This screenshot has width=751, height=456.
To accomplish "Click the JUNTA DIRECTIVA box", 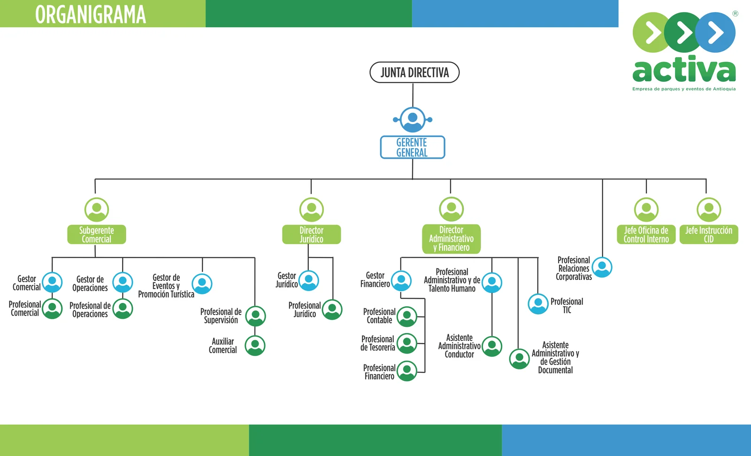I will click(x=414, y=72).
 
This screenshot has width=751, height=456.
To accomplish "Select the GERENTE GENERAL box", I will click(x=412, y=147).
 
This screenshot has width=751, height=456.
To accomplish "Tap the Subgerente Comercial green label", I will click(x=97, y=234).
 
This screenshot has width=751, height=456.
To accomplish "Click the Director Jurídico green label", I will click(x=311, y=234).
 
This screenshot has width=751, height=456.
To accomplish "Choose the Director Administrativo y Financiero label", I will click(x=451, y=239).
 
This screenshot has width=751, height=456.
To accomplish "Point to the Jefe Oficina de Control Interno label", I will click(x=646, y=234).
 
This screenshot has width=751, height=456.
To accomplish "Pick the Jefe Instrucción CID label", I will click(x=709, y=234).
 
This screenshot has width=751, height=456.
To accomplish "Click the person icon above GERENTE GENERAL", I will click(x=413, y=119).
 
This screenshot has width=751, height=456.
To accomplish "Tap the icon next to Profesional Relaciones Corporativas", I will click(x=602, y=267).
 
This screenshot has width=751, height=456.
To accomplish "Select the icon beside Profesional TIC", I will click(x=538, y=304).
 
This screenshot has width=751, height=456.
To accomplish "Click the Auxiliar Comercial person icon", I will click(x=255, y=346).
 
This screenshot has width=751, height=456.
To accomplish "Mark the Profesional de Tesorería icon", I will click(x=407, y=343).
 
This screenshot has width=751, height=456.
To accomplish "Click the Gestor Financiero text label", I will click(x=375, y=279).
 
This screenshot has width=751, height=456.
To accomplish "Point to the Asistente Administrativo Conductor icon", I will click(x=492, y=347).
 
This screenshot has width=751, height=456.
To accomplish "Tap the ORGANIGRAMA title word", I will click(x=91, y=14).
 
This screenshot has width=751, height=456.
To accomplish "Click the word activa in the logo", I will click(x=684, y=70).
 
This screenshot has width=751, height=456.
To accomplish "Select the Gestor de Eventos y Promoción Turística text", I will click(x=166, y=286).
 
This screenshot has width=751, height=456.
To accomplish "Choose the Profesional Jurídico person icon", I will click(x=332, y=309).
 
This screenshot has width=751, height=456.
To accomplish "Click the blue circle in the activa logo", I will click(x=715, y=32).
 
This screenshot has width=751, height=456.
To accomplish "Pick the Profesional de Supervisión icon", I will click(x=256, y=316).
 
